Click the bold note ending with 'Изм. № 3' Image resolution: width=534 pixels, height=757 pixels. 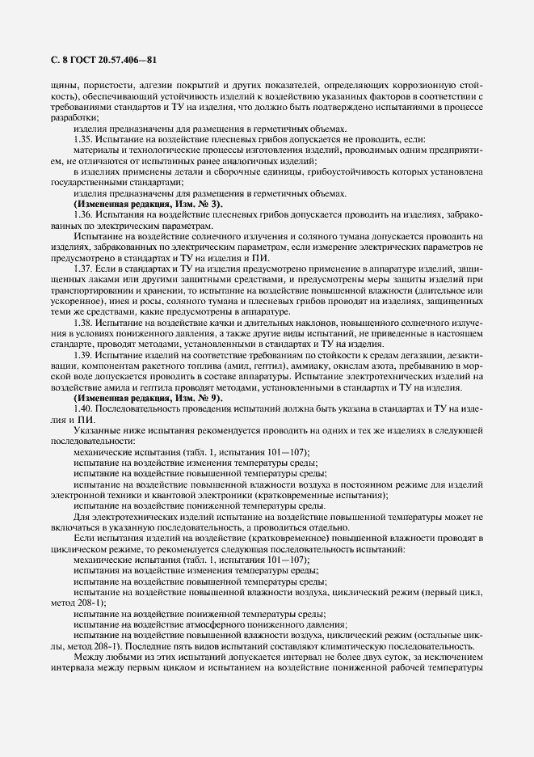click(x=137, y=203)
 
